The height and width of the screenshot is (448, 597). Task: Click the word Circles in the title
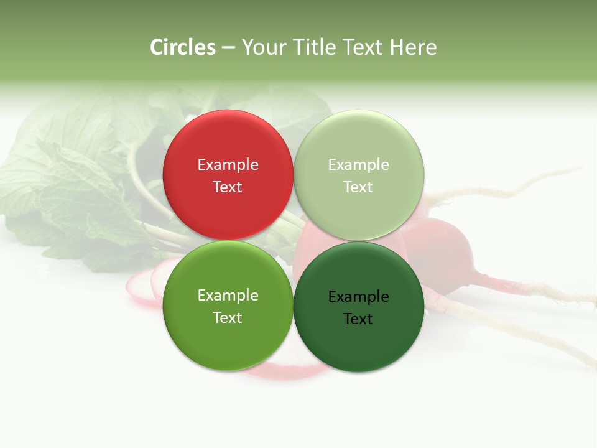point(182,47)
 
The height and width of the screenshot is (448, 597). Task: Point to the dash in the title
point(228,48)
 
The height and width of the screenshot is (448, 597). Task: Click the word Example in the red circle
point(228,164)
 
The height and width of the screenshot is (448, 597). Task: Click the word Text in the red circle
point(228,187)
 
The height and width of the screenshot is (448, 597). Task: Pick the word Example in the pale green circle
point(358,164)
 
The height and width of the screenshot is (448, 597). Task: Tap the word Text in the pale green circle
point(358,187)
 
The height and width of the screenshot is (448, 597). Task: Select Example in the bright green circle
point(228,295)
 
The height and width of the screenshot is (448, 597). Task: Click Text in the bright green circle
point(228,317)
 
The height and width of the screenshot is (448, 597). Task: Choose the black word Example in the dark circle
point(358,296)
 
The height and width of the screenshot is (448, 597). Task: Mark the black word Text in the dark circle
point(358,319)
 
